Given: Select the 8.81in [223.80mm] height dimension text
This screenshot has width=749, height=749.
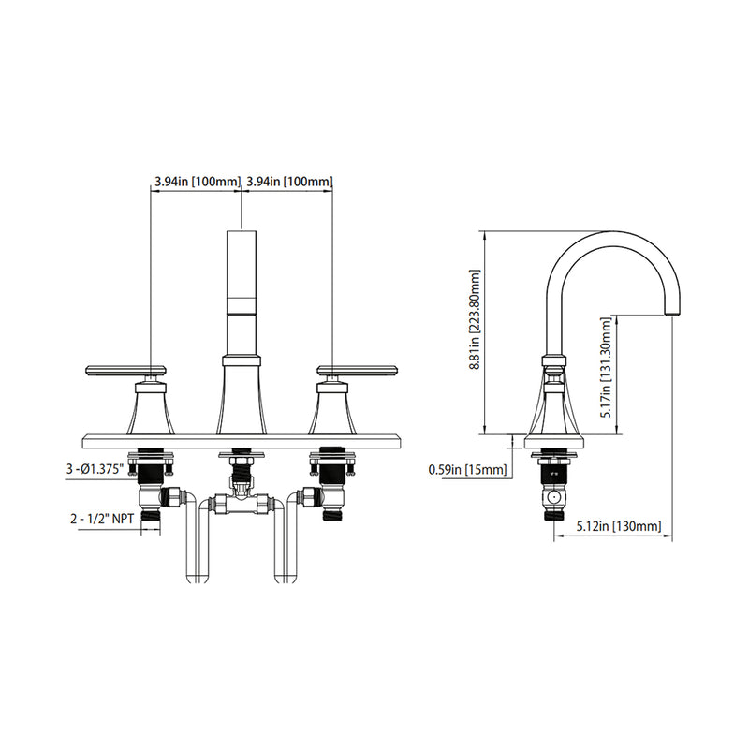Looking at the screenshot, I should click(475, 332).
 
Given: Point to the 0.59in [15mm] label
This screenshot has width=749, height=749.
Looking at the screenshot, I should click(467, 469).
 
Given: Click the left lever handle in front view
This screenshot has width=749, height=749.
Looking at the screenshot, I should click(125, 370).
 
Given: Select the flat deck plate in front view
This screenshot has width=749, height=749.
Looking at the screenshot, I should click(242, 440).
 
